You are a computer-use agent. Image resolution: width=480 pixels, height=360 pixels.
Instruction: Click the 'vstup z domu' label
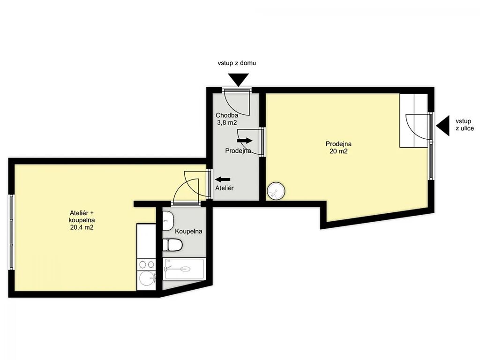click(237, 63)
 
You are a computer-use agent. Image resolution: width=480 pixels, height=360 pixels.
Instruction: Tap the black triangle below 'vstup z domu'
click(239, 80)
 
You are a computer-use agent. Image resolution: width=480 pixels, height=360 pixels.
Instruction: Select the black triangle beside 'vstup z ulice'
click(443, 126)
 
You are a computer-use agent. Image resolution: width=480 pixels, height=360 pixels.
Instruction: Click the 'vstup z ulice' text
click(465, 125)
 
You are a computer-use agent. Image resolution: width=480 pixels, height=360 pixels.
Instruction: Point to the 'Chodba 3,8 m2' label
click(227, 119)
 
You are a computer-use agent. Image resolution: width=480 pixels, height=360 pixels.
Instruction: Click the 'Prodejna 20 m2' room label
click(338, 147)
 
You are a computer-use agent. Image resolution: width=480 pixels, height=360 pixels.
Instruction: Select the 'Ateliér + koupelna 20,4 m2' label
click(82, 220)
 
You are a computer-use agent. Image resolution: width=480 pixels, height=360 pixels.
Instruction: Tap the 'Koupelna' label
click(188, 231)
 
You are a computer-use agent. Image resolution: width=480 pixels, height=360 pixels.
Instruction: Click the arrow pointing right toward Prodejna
click(245, 141)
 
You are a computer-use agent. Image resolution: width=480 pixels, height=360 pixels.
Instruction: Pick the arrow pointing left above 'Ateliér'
click(223, 180)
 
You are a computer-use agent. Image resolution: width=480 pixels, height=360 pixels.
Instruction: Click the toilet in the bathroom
click(172, 245)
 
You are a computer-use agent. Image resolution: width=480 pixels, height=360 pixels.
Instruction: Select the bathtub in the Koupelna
click(184, 269)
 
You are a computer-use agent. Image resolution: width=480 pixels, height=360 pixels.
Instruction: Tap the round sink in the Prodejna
click(276, 191)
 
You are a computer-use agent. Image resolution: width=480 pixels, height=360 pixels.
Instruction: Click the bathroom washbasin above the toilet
click(168, 221)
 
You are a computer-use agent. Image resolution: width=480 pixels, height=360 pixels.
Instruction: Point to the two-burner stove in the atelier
click(146, 264)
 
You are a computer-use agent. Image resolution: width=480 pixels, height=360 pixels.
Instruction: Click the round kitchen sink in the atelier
click(147, 278)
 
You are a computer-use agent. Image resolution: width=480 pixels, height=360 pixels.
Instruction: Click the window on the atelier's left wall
click(11, 232)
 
